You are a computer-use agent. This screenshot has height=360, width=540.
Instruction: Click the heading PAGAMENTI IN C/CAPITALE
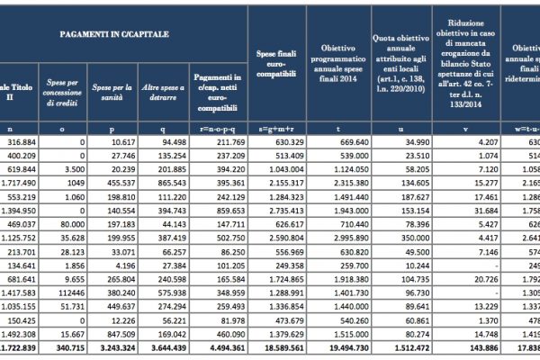(x=114, y=33)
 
